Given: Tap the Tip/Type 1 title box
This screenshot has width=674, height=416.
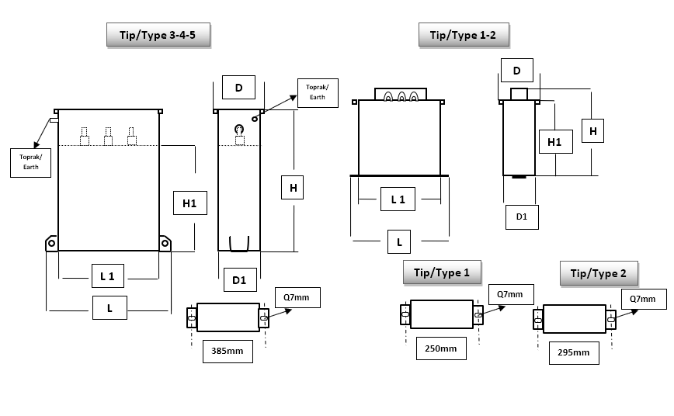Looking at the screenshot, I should tap(442, 272).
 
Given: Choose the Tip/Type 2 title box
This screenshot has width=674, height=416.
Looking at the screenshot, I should tap(599, 273).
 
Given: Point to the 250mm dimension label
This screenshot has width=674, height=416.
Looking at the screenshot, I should tap(441, 348).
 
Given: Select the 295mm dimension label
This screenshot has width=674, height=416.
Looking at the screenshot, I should tap(573, 352).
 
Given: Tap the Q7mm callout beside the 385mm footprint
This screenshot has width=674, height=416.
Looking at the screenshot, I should tap(297, 296).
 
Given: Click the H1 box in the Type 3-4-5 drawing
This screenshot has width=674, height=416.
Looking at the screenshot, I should tap(189, 203).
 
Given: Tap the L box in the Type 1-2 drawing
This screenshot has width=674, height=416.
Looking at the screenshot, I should tap(399, 242).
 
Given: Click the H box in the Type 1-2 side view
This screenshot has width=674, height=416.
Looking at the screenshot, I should tap(592, 131).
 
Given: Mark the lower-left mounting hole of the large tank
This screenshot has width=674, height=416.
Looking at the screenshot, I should tap(51, 244).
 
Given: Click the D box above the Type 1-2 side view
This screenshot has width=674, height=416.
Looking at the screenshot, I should tap(516, 71).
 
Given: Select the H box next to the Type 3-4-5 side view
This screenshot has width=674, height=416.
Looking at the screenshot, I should tap(293, 188).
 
